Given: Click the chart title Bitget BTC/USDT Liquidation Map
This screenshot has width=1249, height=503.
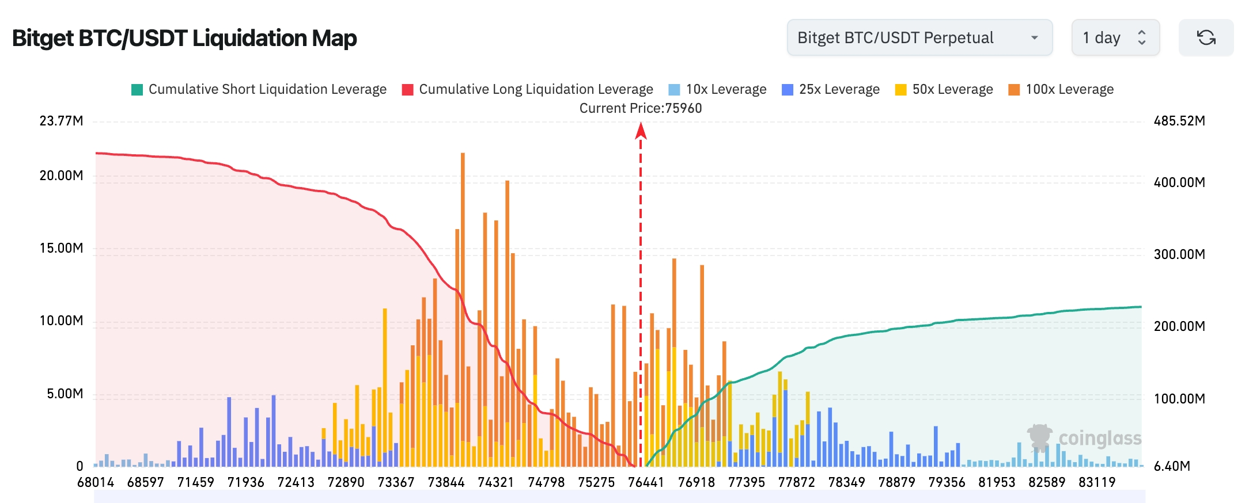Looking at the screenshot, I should (184, 38).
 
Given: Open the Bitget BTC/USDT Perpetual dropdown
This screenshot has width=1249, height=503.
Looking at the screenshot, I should (919, 38).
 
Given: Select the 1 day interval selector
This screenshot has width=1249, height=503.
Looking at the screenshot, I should (1115, 38).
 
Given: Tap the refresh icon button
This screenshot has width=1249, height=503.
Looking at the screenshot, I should (1206, 38).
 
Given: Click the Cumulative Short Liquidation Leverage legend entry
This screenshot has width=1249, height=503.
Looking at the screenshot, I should (259, 89).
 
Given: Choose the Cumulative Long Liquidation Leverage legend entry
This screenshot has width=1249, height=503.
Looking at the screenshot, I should (527, 89).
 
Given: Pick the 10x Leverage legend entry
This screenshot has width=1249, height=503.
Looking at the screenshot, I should (717, 89).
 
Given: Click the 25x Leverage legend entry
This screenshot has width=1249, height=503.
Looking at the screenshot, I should (831, 89).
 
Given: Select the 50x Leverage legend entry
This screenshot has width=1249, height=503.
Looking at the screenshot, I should (944, 89).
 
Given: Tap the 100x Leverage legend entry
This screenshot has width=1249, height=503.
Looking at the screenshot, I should (1061, 89).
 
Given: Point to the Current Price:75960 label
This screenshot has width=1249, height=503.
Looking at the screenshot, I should (641, 108).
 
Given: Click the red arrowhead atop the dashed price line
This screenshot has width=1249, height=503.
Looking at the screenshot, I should (641, 131).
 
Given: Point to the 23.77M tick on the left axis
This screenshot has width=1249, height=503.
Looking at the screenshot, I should (61, 121).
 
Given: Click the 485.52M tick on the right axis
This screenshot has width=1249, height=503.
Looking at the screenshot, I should (1179, 121).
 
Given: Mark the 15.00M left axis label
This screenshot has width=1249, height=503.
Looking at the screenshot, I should (61, 248).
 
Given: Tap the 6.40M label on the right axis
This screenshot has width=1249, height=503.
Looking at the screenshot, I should (1172, 466).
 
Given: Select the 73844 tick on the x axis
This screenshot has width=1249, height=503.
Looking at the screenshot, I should (446, 482).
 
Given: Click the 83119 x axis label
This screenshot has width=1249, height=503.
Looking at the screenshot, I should (1097, 482).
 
